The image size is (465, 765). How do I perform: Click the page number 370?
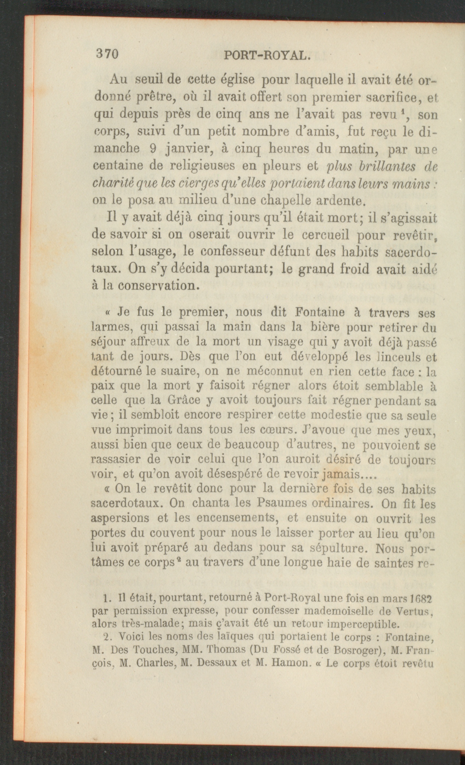click(x=107, y=54)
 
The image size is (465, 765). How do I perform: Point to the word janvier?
click(x=185, y=149)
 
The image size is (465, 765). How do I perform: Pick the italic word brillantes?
click(x=387, y=166)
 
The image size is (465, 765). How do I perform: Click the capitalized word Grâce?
click(x=184, y=400)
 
